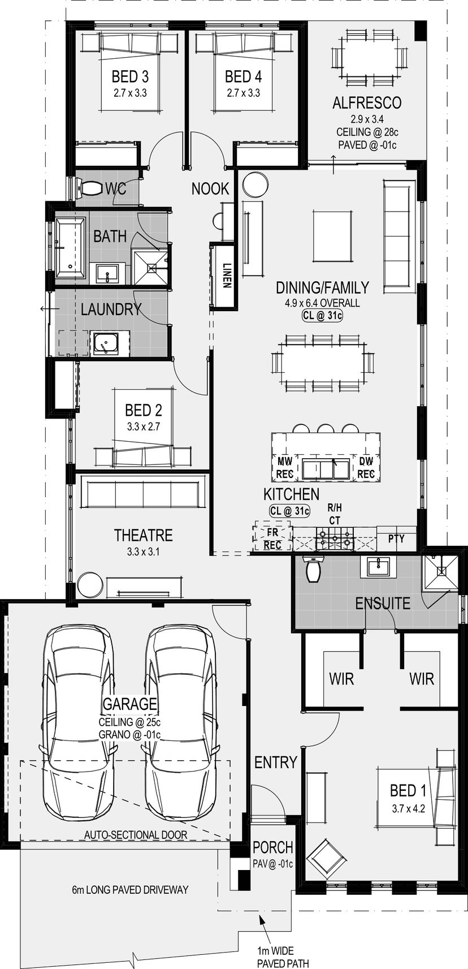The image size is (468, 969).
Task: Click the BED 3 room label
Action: [x=130, y=76]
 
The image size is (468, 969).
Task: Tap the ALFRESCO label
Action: [x=367, y=102]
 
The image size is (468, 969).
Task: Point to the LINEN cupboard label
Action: [x=227, y=275]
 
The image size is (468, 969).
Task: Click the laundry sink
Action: [x=105, y=343]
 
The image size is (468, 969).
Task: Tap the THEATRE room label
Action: [x=144, y=535]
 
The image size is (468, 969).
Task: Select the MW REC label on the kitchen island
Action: [x=285, y=467]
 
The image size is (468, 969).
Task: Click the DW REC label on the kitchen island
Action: [x=366, y=467]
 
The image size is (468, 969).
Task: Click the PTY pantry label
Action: [x=396, y=539]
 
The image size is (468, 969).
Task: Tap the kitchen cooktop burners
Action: [x=335, y=538]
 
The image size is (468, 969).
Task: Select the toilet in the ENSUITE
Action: [x=313, y=569]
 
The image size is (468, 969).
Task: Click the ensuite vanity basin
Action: [x=379, y=567]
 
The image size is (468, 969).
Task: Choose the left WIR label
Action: [x=341, y=679]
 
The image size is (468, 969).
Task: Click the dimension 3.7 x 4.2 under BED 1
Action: [x=408, y=808]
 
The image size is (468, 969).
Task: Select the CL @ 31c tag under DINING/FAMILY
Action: [x=322, y=316]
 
